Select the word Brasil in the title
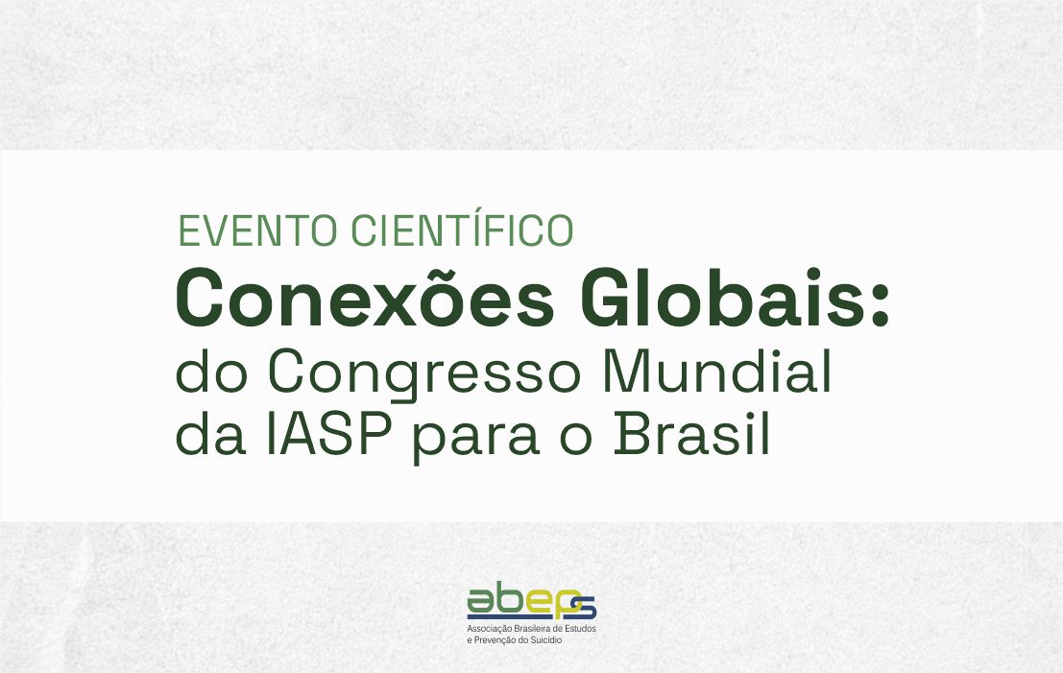[692, 435]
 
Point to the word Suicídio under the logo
[544, 639]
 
